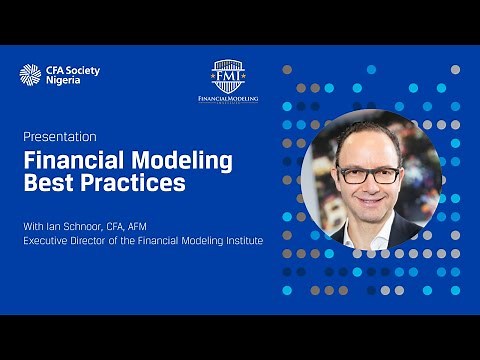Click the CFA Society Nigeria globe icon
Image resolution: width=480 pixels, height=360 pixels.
(30, 74)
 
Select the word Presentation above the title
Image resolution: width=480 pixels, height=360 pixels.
(60, 136)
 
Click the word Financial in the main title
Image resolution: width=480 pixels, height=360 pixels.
(72, 160)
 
